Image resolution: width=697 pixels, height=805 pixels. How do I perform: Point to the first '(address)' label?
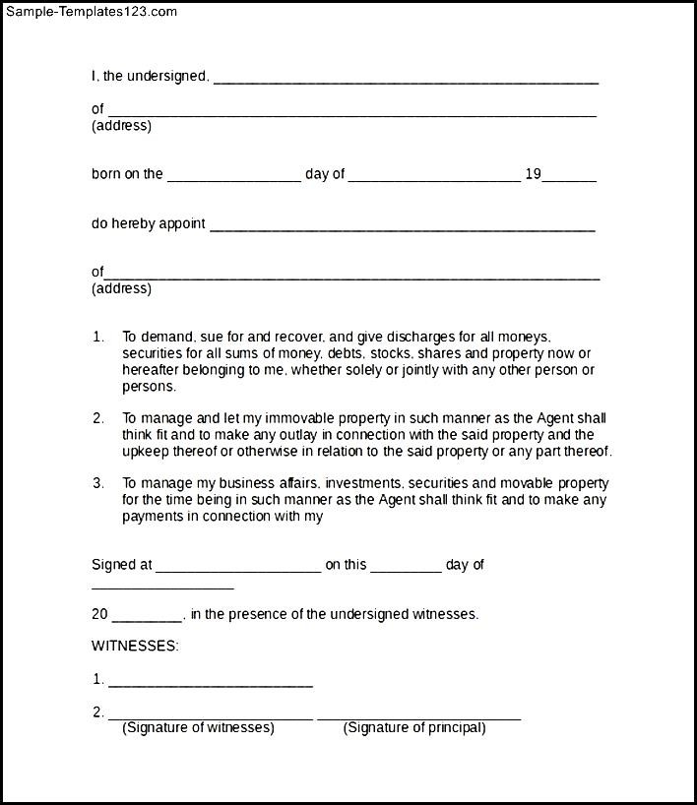pos(121,125)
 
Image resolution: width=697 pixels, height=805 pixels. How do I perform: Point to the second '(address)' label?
pos(121,288)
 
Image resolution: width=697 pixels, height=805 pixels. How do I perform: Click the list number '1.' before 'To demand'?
pos(98,337)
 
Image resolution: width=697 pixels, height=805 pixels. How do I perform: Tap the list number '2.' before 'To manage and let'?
pos(98,418)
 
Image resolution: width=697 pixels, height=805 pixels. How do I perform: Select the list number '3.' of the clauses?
pos(98,483)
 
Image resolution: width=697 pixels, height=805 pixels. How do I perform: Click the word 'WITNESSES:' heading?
pos(135,646)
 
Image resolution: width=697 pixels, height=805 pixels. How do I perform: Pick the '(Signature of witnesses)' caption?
pos(198,728)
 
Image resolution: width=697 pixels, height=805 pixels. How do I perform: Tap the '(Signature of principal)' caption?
pos(414,728)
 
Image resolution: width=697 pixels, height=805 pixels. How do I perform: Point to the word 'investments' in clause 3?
pos(360,483)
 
